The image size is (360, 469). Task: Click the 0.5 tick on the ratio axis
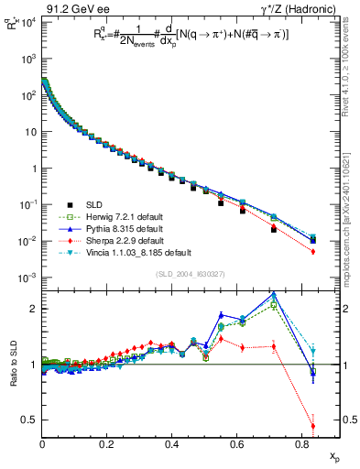click(29, 420)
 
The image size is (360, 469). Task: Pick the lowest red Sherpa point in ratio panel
click(313, 425)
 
